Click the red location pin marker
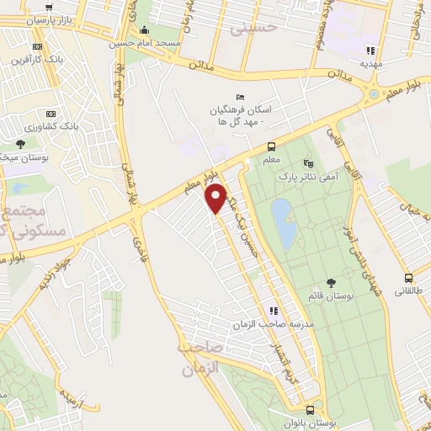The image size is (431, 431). coord(216,198)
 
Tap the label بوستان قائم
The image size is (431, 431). coord(329,295)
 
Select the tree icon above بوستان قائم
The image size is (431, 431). coord(329,282)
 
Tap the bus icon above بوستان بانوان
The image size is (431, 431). coord(311,411)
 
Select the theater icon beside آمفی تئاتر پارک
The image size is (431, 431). coord(308,162)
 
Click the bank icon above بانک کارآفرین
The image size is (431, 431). coord(35,46)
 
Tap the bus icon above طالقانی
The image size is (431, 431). coord(408,279)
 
